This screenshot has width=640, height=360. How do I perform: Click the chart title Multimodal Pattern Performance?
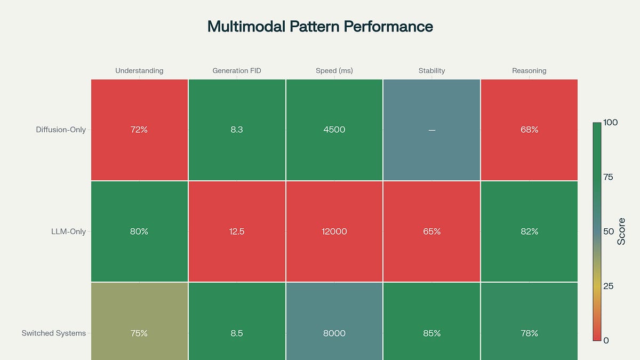tap(320, 27)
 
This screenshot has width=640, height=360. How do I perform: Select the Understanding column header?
tap(139, 70)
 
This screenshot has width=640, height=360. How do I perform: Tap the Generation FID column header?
tap(237, 70)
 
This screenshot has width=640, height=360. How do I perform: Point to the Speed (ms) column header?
tap(334, 70)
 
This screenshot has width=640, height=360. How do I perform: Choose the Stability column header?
tap(431, 70)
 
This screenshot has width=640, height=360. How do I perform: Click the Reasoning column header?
tap(529, 70)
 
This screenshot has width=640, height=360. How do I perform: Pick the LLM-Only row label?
tap(67, 231)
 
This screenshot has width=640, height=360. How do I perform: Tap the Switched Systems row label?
tap(53, 333)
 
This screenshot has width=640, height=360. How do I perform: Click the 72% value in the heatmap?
tap(139, 130)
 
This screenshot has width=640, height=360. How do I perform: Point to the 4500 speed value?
tap(334, 130)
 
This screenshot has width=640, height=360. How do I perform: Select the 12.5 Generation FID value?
tap(237, 231)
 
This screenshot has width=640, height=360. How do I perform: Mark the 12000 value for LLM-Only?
tap(334, 231)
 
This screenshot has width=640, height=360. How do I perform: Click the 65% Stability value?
tap(431, 231)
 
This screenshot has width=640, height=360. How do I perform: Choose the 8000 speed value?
tap(334, 333)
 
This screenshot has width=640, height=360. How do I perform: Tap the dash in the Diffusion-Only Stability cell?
tap(431, 130)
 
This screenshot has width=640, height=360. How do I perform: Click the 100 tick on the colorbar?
tap(611, 123)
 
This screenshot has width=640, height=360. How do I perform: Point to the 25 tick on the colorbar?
tap(608, 286)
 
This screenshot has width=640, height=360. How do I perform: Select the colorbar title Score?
tap(622, 231)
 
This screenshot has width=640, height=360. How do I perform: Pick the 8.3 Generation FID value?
tap(237, 130)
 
